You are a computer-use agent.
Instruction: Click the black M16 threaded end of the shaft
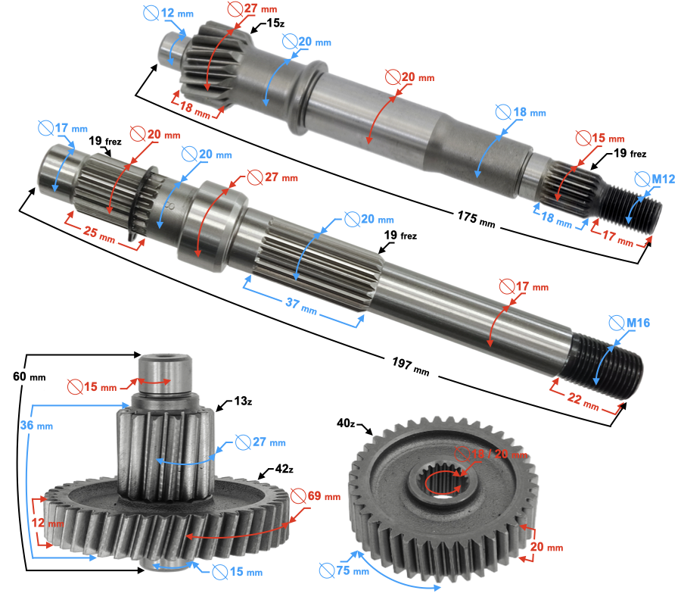605,364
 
